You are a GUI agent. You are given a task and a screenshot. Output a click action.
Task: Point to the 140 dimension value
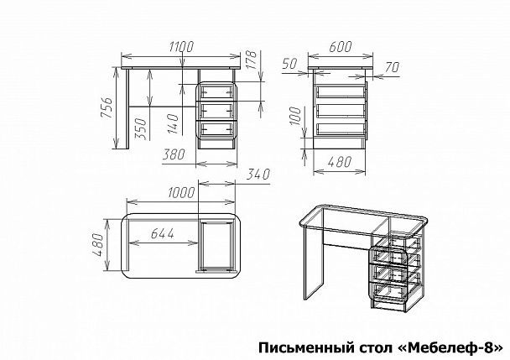[x=172, y=123]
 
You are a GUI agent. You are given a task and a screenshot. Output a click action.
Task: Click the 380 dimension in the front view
[x=174, y=155]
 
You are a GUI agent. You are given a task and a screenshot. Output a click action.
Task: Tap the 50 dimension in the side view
[x=291, y=65]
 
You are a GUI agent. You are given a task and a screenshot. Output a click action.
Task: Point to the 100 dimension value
[x=295, y=117]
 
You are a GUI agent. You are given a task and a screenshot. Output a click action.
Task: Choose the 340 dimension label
[x=258, y=175]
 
